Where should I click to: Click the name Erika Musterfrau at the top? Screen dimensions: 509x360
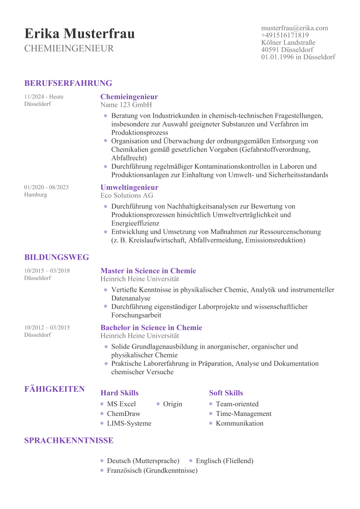point(79,34)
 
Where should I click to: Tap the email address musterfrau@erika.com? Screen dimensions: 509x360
point(294,28)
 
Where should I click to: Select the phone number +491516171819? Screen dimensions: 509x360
point(285,35)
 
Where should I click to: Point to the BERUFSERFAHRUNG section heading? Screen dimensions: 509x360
point(68,83)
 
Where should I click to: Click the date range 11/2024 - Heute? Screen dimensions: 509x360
point(44,97)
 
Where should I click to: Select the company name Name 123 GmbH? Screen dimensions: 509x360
point(126,105)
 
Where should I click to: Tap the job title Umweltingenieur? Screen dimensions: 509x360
point(129,187)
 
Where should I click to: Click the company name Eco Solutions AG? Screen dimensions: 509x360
point(127,195)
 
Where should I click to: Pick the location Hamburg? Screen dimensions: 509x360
point(35,195)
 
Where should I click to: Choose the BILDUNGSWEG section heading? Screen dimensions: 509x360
point(56,258)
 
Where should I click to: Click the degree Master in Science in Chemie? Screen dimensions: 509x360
point(148,271)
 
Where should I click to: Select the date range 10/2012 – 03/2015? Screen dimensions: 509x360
point(47,328)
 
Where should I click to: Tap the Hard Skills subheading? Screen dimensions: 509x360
point(119,393)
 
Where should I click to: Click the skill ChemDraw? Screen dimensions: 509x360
point(123,413)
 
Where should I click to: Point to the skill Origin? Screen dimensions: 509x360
point(173,404)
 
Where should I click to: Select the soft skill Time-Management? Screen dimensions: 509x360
point(243,413)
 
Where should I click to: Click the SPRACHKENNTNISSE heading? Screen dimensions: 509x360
point(69,440)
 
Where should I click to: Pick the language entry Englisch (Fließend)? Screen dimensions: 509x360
point(225,461)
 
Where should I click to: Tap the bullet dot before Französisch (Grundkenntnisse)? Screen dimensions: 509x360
point(102,470)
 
